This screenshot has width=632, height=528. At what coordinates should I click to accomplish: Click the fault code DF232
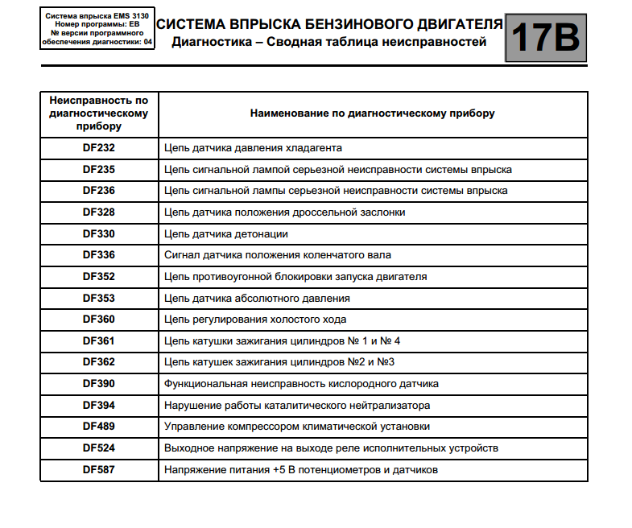coord(99,148)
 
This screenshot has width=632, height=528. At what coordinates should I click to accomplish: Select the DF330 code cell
coord(99,233)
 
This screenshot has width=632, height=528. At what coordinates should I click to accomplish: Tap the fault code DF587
coord(99,469)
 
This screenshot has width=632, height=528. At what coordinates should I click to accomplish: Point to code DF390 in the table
coord(99,384)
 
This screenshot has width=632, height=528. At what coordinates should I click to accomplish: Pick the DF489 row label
coord(99,427)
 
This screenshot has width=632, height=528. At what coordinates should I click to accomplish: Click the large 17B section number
coord(545,39)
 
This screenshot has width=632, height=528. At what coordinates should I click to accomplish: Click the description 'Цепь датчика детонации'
coord(226,233)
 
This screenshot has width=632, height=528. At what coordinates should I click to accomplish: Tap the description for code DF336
coord(278,255)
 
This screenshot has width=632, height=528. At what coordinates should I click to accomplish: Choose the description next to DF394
coord(297,405)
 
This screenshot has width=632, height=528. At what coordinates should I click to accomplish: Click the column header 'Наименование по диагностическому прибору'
coord(372,113)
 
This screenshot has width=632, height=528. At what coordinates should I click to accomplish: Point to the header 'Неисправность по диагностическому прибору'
coord(99,113)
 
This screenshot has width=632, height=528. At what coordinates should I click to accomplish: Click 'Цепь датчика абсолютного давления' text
coord(257,298)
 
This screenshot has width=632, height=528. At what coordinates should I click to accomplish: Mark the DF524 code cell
coord(99,448)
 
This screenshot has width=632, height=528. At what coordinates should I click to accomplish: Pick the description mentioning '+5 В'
coord(301,469)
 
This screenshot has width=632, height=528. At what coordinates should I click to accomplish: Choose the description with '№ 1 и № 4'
coord(282,340)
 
